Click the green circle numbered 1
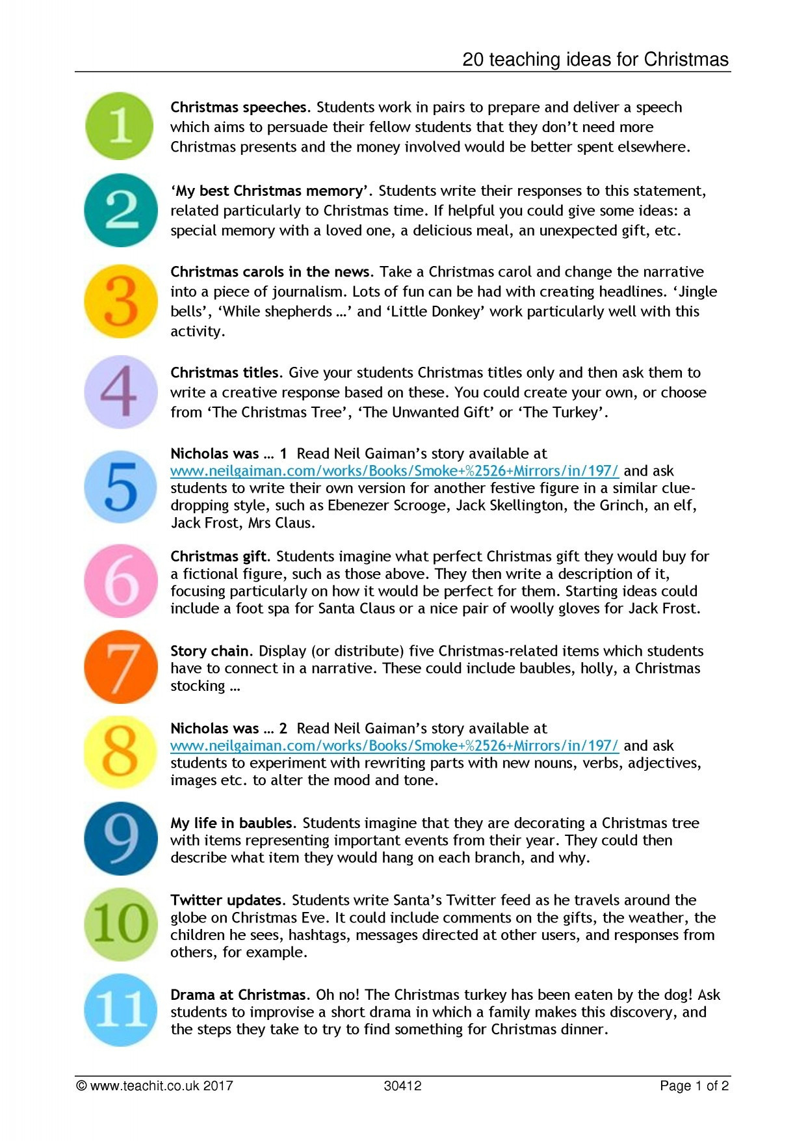point(120,126)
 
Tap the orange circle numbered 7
point(121,667)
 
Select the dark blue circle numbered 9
point(121,839)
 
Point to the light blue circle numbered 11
point(121,1010)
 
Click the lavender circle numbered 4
point(121,392)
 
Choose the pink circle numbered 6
point(121,581)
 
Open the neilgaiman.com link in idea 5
point(394,471)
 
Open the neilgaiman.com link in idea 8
point(394,745)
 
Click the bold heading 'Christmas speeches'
point(239,107)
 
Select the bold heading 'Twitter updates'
point(226,900)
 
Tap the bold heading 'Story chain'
point(209,651)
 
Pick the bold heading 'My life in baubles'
point(231,823)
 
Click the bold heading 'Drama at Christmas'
point(238,995)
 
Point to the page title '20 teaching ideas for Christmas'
point(595,60)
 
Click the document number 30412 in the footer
point(402,1086)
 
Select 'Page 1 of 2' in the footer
point(694,1086)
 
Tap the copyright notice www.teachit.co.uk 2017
point(155,1086)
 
